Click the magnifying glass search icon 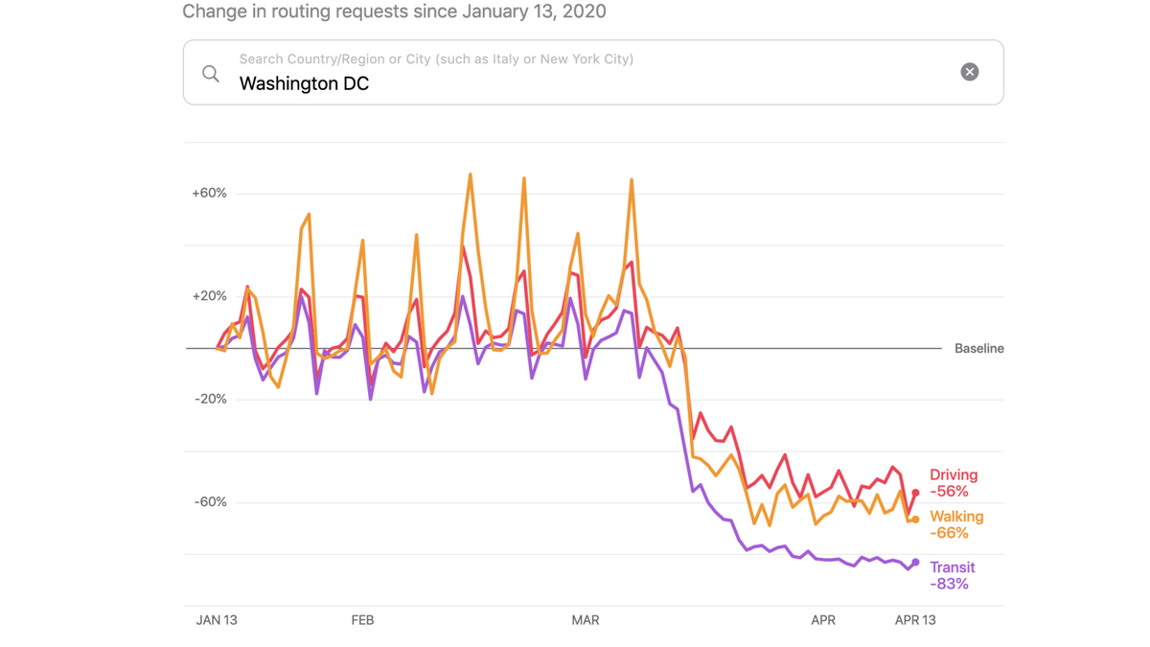click(x=211, y=74)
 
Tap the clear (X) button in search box click(x=969, y=72)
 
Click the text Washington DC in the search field click(x=304, y=84)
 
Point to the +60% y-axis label click(x=209, y=193)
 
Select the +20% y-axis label click(x=209, y=296)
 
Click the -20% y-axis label click(x=210, y=399)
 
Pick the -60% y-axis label click(x=210, y=502)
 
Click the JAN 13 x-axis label click(x=217, y=620)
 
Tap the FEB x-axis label click(x=362, y=620)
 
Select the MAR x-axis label click(x=585, y=620)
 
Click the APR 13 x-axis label click(x=914, y=620)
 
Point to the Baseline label click(x=978, y=349)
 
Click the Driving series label click(x=954, y=475)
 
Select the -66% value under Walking click(x=949, y=533)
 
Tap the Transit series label click(x=952, y=567)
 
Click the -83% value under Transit click(x=949, y=584)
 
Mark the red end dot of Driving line click(x=915, y=493)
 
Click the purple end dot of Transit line click(x=915, y=563)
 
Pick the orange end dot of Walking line click(x=915, y=520)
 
